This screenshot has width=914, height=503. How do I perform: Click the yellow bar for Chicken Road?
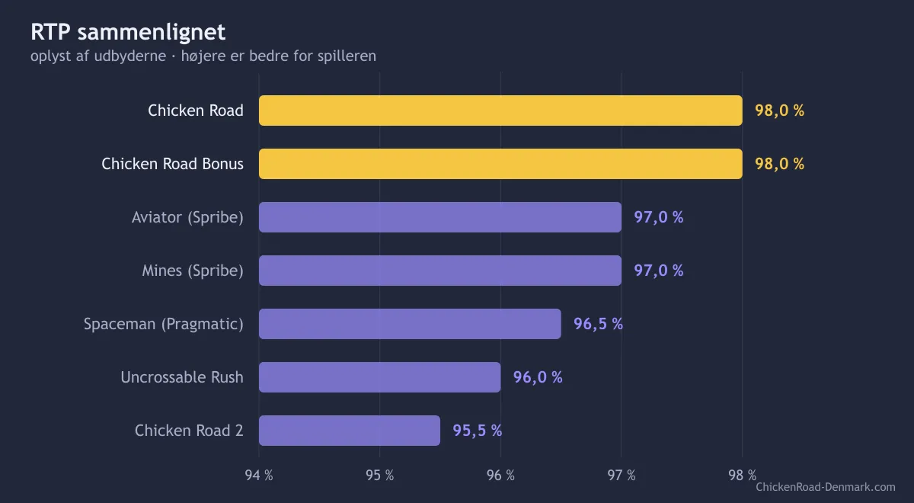point(500,111)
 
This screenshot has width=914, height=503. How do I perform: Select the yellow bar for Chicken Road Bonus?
point(500,164)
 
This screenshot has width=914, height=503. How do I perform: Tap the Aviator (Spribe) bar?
point(440,217)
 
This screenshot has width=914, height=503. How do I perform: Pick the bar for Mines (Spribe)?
point(440,271)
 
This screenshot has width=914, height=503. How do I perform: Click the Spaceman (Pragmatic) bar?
point(410,324)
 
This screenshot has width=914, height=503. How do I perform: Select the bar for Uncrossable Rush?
point(380,377)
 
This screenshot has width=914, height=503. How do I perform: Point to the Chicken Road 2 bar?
point(350,431)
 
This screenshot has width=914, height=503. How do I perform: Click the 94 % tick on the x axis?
point(259,476)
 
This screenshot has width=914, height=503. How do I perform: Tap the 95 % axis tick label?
point(380,476)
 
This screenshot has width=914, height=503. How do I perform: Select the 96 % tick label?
point(500,476)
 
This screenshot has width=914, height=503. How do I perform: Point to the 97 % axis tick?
point(622,476)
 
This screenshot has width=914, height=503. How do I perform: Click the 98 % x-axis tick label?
point(742,476)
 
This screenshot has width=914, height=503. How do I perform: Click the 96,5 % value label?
point(598,324)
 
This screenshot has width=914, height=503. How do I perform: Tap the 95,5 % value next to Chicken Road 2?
point(478,431)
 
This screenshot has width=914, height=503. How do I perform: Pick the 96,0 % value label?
point(538,377)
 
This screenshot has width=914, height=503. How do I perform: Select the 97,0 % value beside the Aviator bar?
point(659,217)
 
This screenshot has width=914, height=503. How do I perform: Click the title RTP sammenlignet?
point(128,32)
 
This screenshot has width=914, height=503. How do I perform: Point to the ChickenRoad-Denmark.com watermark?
point(826,487)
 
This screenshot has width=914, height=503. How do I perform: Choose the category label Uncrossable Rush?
point(182,377)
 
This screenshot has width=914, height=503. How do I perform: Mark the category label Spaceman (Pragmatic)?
point(163,324)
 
